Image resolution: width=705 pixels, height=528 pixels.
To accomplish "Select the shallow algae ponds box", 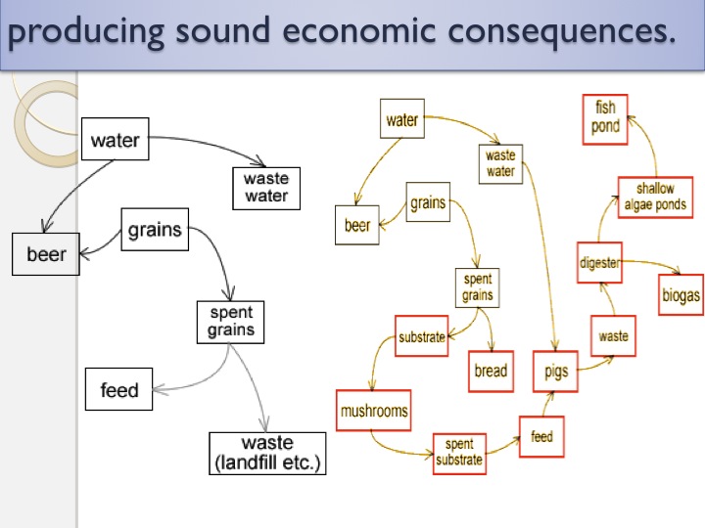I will click(x=655, y=197).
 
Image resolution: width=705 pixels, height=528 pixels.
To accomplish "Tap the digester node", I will click(x=599, y=262).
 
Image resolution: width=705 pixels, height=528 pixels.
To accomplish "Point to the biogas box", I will click(x=680, y=295).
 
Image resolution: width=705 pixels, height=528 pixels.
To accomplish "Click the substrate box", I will click(x=421, y=337).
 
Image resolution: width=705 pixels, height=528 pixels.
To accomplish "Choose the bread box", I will click(x=491, y=371).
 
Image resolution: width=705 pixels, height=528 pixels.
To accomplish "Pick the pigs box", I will click(x=555, y=372).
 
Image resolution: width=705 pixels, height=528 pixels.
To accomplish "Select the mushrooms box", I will click(x=373, y=411).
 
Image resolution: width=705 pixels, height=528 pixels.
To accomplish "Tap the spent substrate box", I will click(x=458, y=452).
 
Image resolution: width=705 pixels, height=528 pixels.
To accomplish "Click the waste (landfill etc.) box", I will click(x=267, y=453).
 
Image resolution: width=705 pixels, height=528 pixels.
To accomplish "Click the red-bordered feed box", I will click(x=541, y=436).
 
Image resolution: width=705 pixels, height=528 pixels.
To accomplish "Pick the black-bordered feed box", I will click(x=119, y=391).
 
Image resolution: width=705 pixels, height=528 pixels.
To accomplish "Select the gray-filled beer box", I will click(x=46, y=255).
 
